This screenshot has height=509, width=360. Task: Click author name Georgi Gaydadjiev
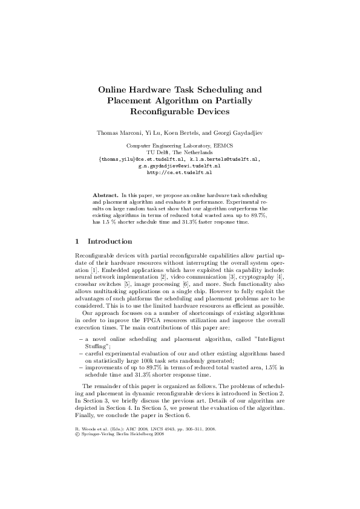click(x=237, y=132)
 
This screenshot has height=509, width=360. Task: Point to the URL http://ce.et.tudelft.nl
click(x=179, y=172)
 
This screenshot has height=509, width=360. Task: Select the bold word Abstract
click(x=105, y=196)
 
